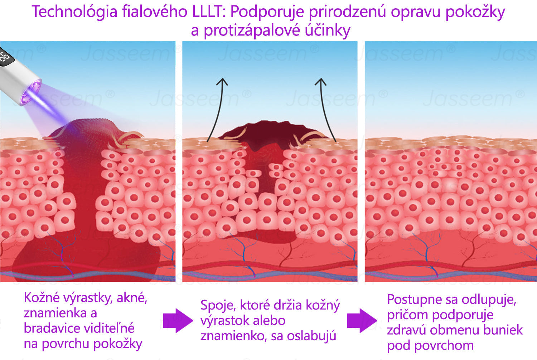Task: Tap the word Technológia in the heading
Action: [74, 12]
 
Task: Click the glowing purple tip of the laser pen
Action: [30, 93]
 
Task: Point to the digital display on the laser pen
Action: [5, 56]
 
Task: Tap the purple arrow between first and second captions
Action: [178, 321]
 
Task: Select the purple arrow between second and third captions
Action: [362, 321]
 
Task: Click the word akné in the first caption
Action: [132, 298]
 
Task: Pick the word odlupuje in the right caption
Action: [489, 300]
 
